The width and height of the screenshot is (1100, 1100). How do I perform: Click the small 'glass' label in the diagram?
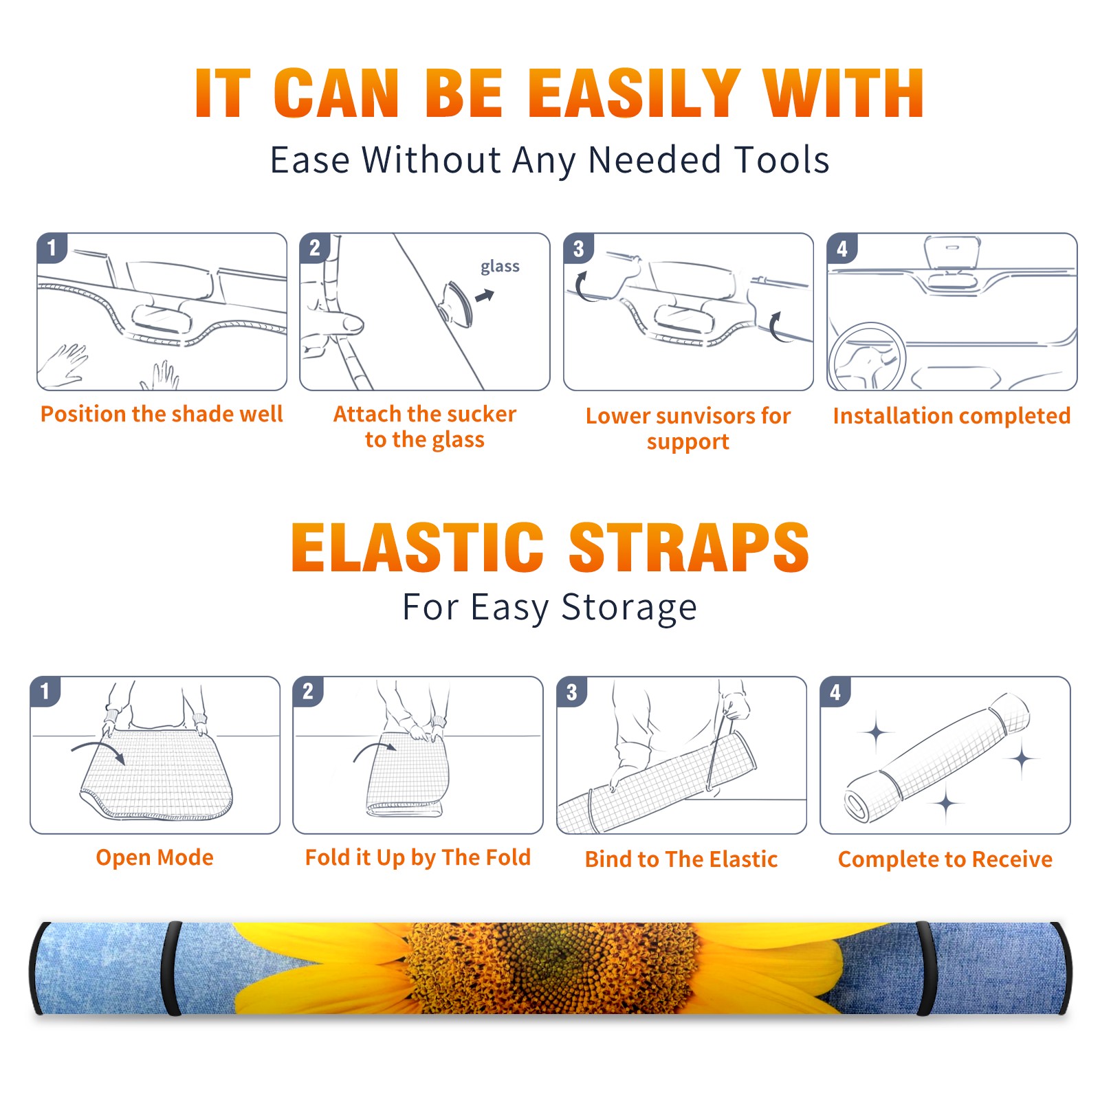(500, 267)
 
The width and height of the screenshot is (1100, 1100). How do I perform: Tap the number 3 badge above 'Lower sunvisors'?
(579, 248)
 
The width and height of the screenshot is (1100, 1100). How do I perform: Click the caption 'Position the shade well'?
(162, 414)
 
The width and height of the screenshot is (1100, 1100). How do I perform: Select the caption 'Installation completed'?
(951, 416)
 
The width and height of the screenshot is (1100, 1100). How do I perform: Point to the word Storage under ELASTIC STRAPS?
(629, 608)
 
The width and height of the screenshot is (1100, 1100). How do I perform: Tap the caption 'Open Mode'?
(155, 857)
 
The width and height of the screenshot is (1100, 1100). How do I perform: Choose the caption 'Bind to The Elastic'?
(681, 859)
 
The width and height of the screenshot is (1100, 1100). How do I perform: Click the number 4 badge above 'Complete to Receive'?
(835, 692)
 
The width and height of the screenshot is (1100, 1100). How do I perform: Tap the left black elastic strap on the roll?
(171, 968)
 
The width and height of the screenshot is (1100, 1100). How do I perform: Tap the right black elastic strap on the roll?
(926, 968)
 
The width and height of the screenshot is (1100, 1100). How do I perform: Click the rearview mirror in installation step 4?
(951, 253)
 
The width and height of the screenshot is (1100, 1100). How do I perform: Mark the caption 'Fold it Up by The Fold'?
(418, 857)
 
